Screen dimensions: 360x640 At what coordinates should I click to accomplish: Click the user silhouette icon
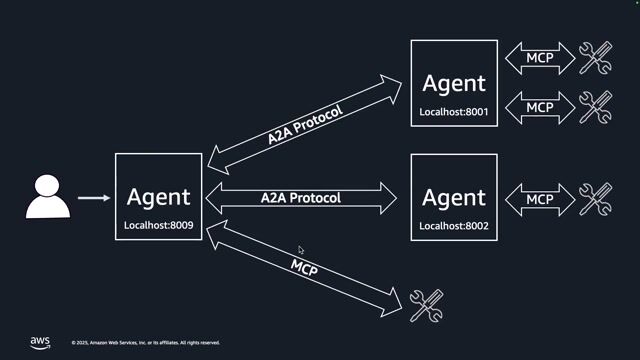pyautogui.click(x=48, y=197)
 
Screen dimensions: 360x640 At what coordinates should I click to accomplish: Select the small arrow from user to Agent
pyautogui.click(x=94, y=198)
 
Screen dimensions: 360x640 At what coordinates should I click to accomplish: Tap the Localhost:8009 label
pyautogui.click(x=158, y=226)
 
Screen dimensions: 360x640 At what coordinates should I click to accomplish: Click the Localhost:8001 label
pyautogui.click(x=454, y=112)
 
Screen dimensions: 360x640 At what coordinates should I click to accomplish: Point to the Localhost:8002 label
pyautogui.click(x=454, y=226)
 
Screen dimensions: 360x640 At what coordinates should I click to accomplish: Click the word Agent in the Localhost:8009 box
pyautogui.click(x=158, y=196)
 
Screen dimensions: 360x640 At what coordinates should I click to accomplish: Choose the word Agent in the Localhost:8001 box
pyautogui.click(x=454, y=83)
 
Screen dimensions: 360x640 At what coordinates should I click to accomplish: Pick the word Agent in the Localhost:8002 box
pyautogui.click(x=454, y=197)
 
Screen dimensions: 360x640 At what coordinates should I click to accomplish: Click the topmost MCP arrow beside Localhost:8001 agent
pyautogui.click(x=539, y=58)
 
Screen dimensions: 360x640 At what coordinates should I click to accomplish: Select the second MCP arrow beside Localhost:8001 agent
pyautogui.click(x=539, y=106)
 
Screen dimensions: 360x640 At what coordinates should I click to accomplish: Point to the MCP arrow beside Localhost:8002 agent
pyautogui.click(x=539, y=198)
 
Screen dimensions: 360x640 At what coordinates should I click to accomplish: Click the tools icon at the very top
pyautogui.click(x=596, y=58)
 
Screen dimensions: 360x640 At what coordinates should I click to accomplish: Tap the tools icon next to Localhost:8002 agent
pyautogui.click(x=596, y=198)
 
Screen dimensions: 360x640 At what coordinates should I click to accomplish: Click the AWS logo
pyautogui.click(x=40, y=342)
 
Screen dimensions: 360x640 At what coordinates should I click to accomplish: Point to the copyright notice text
pyautogui.click(x=146, y=343)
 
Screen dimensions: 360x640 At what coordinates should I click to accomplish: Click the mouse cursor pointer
pyautogui.click(x=301, y=250)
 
